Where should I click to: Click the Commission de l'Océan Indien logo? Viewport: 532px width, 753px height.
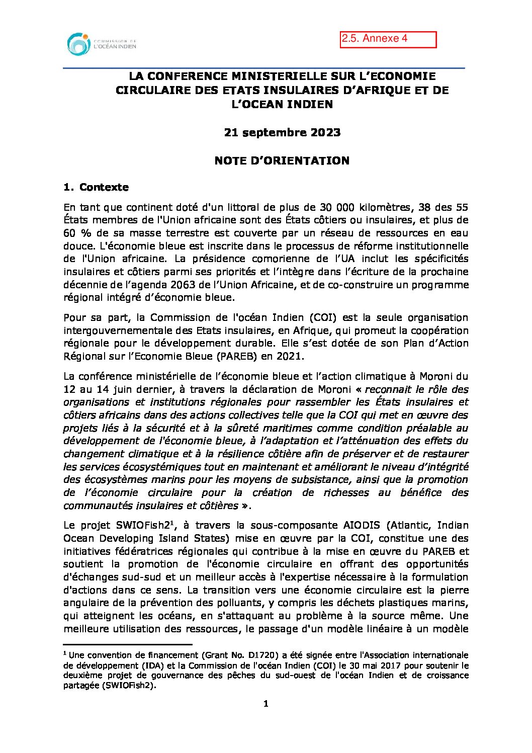[101, 44]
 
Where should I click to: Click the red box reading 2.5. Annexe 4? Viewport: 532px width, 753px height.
[388, 39]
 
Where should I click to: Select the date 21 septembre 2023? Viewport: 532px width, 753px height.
[282, 133]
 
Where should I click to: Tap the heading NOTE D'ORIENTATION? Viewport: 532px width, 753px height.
[282, 161]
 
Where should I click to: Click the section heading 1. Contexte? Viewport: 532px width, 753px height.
[96, 188]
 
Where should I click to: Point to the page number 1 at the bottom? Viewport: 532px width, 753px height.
[266, 704]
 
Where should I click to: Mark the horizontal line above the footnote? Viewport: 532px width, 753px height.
[128, 644]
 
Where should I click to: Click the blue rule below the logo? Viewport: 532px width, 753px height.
[263, 68]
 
